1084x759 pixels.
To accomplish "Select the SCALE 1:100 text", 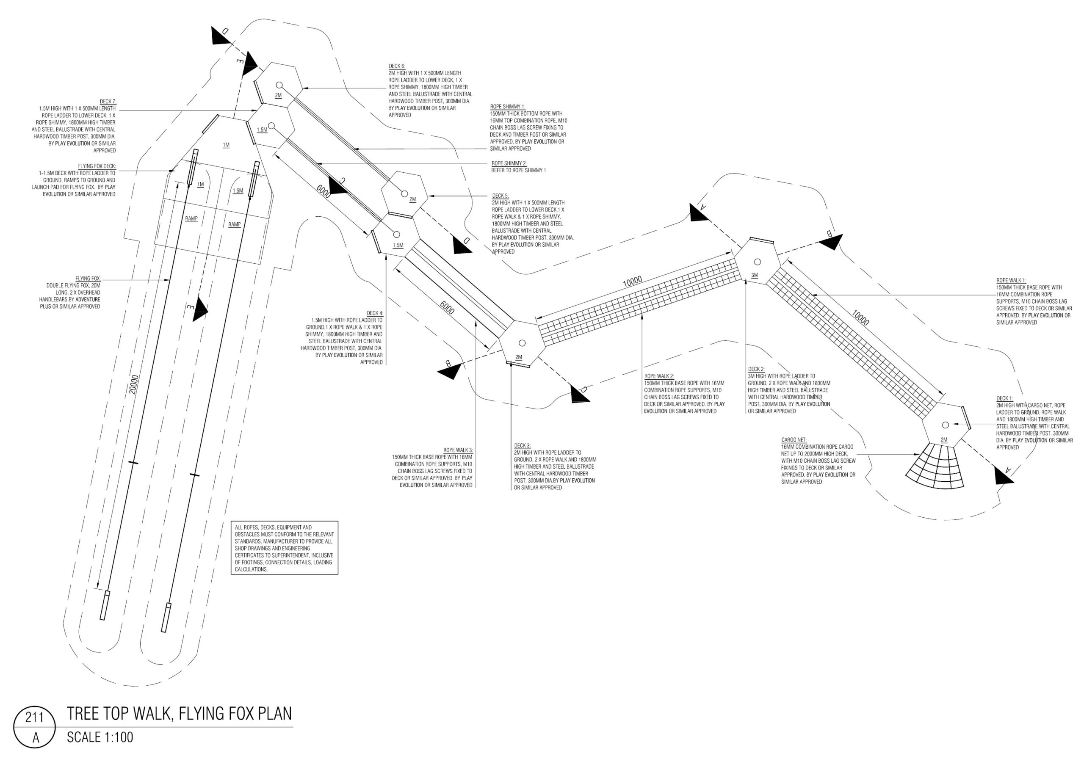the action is click(100, 737).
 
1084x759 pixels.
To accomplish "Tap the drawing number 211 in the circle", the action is click(34, 718).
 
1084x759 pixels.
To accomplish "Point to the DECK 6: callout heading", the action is click(397, 66).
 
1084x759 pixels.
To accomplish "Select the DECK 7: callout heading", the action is click(108, 102).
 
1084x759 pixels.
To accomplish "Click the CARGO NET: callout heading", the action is click(794, 440).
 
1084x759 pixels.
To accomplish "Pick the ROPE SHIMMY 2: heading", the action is click(509, 163).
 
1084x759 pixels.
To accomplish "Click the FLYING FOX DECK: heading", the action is click(97, 166).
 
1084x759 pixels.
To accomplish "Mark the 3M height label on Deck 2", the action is click(755, 275).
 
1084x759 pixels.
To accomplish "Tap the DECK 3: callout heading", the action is click(523, 446).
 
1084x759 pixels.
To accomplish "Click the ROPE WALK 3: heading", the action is click(458, 450).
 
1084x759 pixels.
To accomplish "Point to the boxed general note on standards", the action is click(284, 547).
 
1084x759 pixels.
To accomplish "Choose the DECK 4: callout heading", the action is click(375, 313).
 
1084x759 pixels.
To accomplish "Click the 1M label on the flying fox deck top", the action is click(226, 145).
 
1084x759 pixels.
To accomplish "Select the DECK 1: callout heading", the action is click(1005, 398).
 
